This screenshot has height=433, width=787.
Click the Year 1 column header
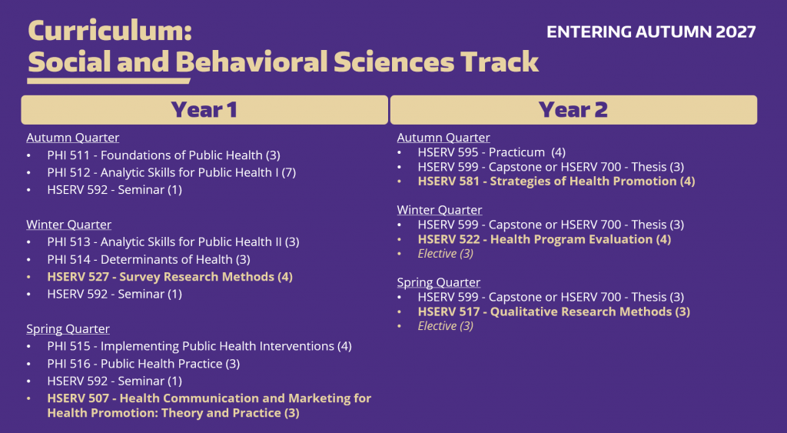(204, 110)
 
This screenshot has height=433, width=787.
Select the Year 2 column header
(573, 110)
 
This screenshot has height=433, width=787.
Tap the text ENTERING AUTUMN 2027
(651, 32)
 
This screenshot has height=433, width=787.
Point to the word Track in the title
(500, 62)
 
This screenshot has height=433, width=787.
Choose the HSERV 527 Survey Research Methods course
(169, 277)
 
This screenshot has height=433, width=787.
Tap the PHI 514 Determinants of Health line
(148, 259)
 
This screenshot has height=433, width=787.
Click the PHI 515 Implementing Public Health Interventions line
(199, 346)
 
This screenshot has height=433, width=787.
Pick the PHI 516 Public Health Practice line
(143, 364)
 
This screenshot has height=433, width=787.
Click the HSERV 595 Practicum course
(491, 152)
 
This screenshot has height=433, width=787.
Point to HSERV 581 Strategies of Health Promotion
(556, 182)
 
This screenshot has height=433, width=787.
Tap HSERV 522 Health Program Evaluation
(544, 239)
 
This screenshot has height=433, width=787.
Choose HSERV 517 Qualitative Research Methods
(553, 311)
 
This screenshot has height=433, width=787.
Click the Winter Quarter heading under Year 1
(69, 225)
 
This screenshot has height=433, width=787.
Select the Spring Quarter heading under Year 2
(439, 282)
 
